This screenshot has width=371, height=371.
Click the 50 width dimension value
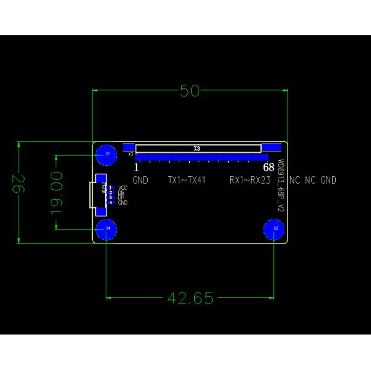(190, 91)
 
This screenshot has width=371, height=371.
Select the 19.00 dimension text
(57, 192)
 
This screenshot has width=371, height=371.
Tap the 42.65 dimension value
(190, 299)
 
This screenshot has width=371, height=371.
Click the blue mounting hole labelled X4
(108, 229)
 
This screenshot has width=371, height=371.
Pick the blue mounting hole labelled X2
(275, 229)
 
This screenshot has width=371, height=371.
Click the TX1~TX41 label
(186, 181)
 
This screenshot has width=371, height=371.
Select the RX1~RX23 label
(250, 181)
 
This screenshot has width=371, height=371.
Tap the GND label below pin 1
(140, 181)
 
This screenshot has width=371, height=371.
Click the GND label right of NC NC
(328, 181)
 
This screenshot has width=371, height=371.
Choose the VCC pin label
(122, 187)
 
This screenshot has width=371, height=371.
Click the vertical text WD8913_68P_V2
(280, 186)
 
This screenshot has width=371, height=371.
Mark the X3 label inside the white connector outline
(197, 148)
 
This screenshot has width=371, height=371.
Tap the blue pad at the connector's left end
(129, 147)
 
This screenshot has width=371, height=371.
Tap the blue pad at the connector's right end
(270, 147)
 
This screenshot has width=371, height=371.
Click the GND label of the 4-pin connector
(122, 203)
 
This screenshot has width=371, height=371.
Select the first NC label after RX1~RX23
(295, 181)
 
